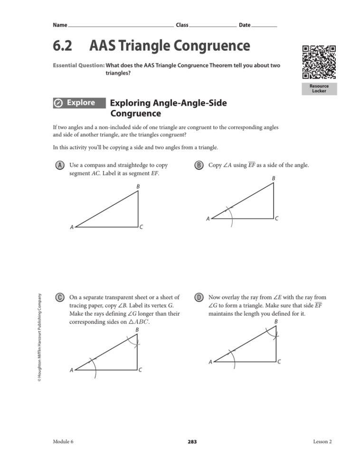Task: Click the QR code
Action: click(319, 62)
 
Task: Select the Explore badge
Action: click(77, 103)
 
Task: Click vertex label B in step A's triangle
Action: click(138, 187)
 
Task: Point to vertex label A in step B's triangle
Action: click(208, 219)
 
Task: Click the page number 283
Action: click(192, 442)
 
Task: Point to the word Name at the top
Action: click(60, 24)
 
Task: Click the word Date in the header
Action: click(245, 24)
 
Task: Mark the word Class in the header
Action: click(182, 24)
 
